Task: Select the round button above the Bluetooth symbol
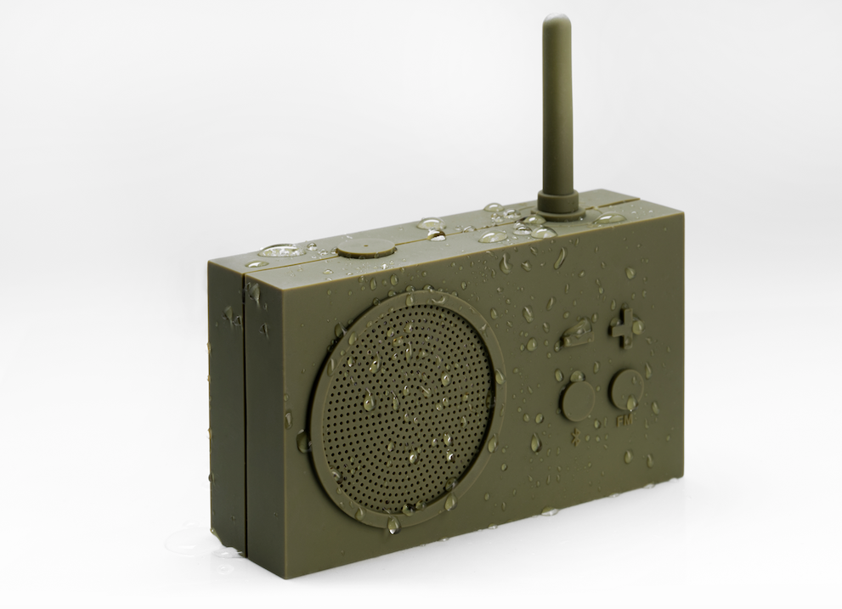tap(578, 398)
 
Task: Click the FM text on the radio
tap(625, 420)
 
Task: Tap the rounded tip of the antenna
tap(551, 21)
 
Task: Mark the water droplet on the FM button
tap(630, 403)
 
